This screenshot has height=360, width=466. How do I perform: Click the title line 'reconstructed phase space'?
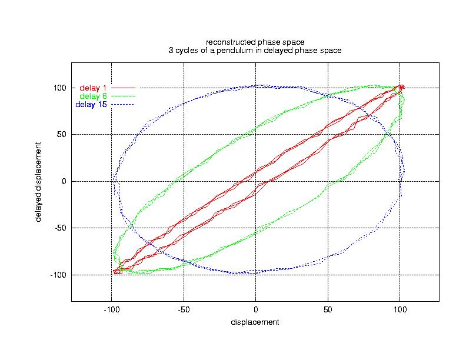[255, 42]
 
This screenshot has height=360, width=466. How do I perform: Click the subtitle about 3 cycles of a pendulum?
[255, 51]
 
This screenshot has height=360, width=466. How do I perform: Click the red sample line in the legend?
[123, 88]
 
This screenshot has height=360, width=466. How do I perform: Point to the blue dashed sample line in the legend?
[123, 105]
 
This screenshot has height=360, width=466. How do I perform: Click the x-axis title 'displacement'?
[255, 322]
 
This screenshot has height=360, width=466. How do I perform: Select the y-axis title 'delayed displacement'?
[38, 181]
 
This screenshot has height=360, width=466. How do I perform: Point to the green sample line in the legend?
[123, 96]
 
